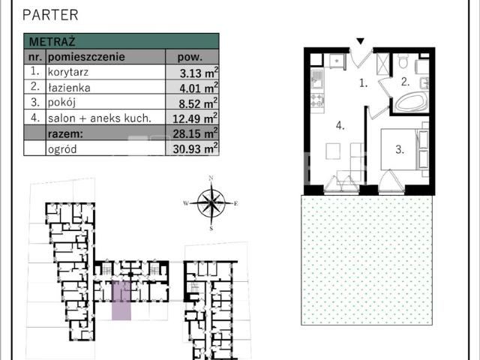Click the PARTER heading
(x=50, y=15)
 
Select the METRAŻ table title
(x=52, y=41)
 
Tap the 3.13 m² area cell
(x=199, y=73)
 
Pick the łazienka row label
(x=69, y=88)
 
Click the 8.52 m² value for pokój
(x=198, y=103)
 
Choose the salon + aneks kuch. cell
(x=100, y=118)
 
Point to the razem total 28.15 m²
(x=195, y=133)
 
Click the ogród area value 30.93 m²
(x=195, y=148)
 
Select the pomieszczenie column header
(x=86, y=57)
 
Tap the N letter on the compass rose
(x=211, y=178)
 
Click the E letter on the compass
(x=235, y=203)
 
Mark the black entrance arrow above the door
(x=361, y=41)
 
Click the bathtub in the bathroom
(x=411, y=103)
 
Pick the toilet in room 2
(x=403, y=61)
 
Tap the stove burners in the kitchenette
(x=317, y=100)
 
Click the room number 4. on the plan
(x=340, y=125)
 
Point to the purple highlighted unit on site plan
(x=121, y=301)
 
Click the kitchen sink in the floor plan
(x=317, y=79)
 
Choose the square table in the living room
(x=333, y=151)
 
